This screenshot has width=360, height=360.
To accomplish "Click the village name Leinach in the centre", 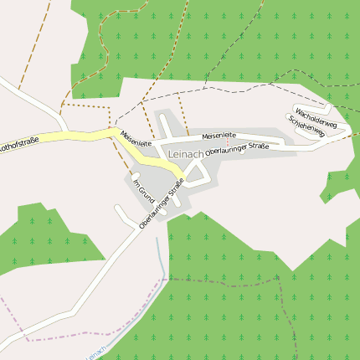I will [186, 155].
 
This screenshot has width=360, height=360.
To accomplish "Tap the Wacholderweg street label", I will [316, 118].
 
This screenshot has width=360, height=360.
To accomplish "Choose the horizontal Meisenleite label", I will [219, 135].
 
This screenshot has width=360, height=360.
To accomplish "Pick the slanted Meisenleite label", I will [136, 139].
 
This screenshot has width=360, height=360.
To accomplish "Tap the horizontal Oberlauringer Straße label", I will [236, 148].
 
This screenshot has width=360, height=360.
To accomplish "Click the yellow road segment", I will [84, 136].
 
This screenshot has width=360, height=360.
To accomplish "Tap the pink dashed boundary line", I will [50, 338].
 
